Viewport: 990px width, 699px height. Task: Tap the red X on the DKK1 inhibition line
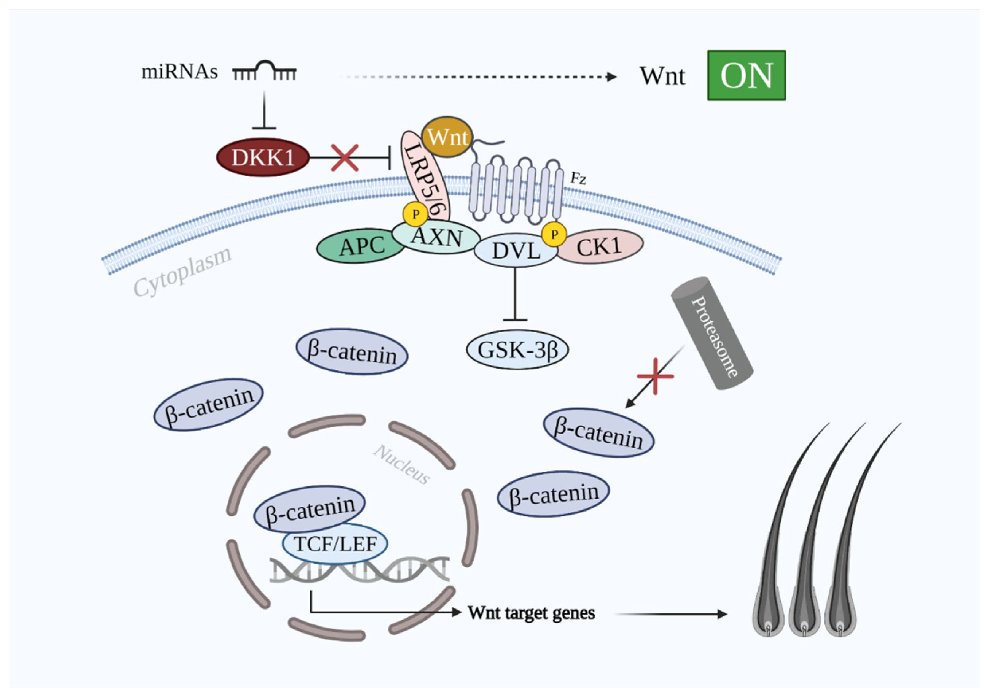345,158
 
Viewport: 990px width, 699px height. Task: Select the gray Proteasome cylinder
712,333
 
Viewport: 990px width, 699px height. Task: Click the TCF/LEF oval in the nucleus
335,543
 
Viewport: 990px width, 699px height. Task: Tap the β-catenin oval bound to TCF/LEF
309,509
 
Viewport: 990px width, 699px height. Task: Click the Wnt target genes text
531,612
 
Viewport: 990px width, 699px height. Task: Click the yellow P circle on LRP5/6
415,214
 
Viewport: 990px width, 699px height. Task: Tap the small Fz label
578,178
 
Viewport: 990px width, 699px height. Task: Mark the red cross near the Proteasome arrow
655,376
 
